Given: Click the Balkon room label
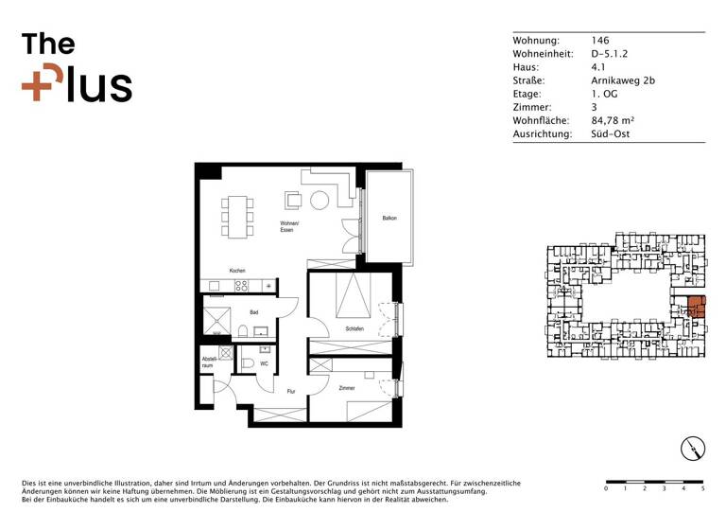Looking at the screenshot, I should pyautogui.click(x=389, y=219).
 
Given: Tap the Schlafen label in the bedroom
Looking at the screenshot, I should pyautogui.click(x=354, y=328).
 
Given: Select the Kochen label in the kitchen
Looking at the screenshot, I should pyautogui.click(x=236, y=271).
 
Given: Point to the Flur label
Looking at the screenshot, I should pyautogui.click(x=292, y=391).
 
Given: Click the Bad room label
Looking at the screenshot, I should pyautogui.click(x=253, y=311).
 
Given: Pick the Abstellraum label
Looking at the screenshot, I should pyautogui.click(x=210, y=362).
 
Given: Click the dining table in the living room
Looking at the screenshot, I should pyautogui.click(x=237, y=216).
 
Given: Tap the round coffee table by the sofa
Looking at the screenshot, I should pyautogui.click(x=320, y=200).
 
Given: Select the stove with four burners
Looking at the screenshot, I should pyautogui.click(x=241, y=285).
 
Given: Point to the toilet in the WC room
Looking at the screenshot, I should pyautogui.click(x=248, y=362).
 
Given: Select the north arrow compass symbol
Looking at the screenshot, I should pyautogui.click(x=694, y=450).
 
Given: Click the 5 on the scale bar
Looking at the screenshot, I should pyautogui.click(x=702, y=490).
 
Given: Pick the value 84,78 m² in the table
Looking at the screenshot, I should pyautogui.click(x=612, y=121).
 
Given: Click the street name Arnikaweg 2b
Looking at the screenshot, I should pyautogui.click(x=622, y=81).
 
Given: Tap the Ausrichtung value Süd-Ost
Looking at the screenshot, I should pyautogui.click(x=610, y=134).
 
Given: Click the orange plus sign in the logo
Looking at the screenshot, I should pyautogui.click(x=38, y=85).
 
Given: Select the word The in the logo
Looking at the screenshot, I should pyautogui.click(x=48, y=44).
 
